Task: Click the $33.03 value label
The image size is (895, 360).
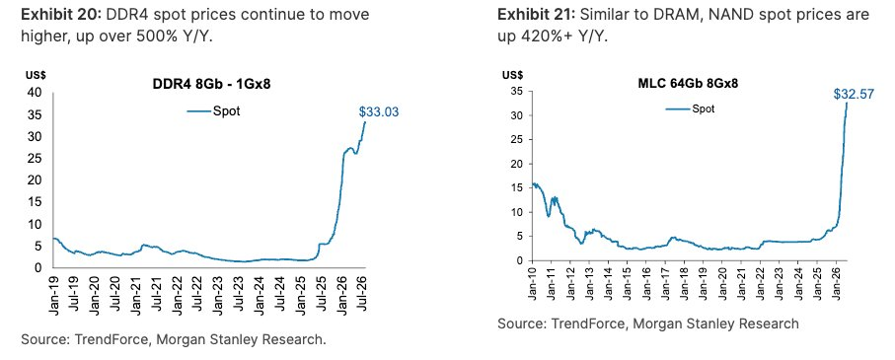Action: tap(379, 112)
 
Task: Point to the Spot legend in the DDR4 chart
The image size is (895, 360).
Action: tap(214, 110)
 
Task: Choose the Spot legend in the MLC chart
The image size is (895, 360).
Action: tap(690, 108)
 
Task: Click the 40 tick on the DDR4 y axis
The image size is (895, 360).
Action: tap(35, 93)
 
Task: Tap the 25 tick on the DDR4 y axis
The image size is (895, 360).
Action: tap(35, 159)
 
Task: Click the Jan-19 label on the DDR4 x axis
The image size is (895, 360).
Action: tap(53, 294)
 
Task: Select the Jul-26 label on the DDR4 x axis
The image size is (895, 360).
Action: tap(362, 293)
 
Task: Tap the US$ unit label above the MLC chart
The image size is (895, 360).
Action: tap(512, 74)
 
